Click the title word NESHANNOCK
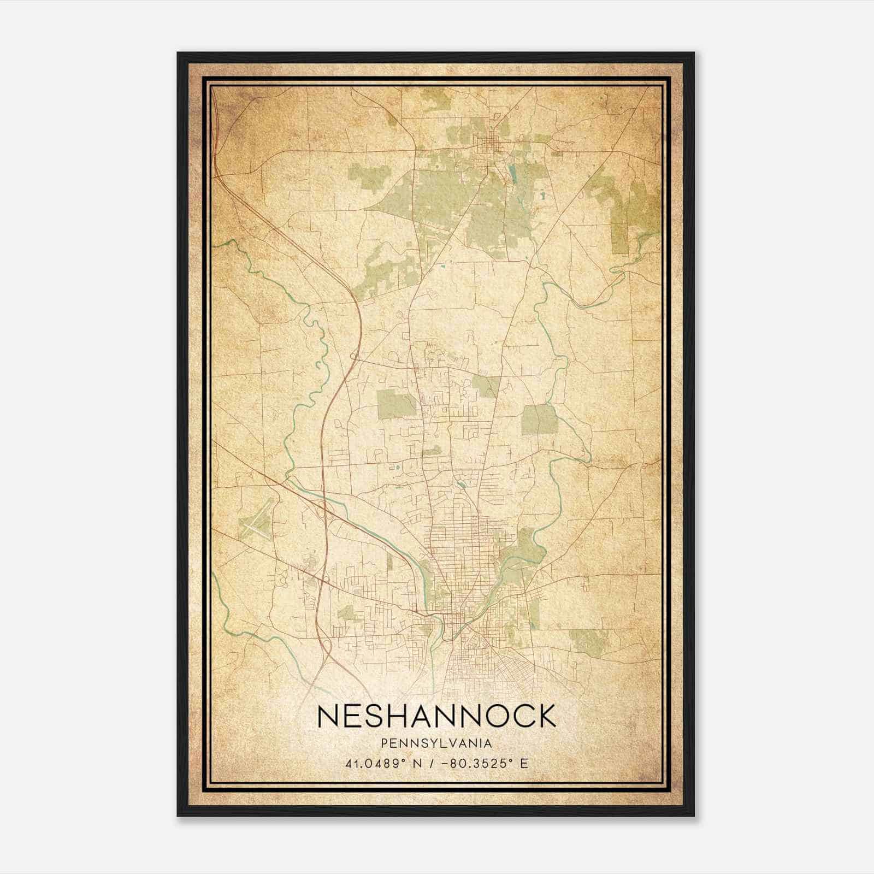coord(436,716)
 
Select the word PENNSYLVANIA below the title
coord(436,743)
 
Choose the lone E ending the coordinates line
coord(524,763)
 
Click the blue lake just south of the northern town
coord(512,174)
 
